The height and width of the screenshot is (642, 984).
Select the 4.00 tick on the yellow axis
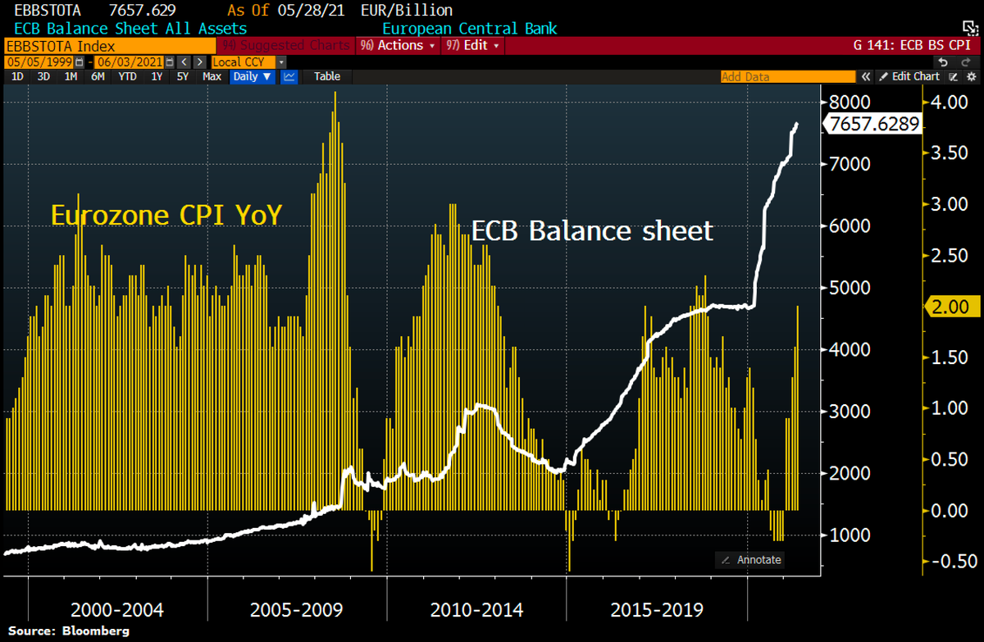pyautogui.click(x=950, y=102)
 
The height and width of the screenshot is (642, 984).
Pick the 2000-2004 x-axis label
pyautogui.click(x=117, y=610)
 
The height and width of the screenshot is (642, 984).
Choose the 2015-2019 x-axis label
pyautogui.click(x=657, y=610)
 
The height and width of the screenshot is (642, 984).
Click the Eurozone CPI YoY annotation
pyautogui.click(x=166, y=215)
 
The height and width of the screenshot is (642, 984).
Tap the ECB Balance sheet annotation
pyautogui.click(x=592, y=231)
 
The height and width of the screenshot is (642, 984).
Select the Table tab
pyautogui.click(x=327, y=76)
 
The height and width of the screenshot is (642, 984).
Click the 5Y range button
pyautogui.click(x=183, y=76)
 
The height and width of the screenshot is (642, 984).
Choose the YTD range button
pyautogui.click(x=127, y=76)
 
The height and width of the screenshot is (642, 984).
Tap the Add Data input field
pyautogui.click(x=787, y=76)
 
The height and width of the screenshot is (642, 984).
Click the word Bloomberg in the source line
pyautogui.click(x=95, y=631)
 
